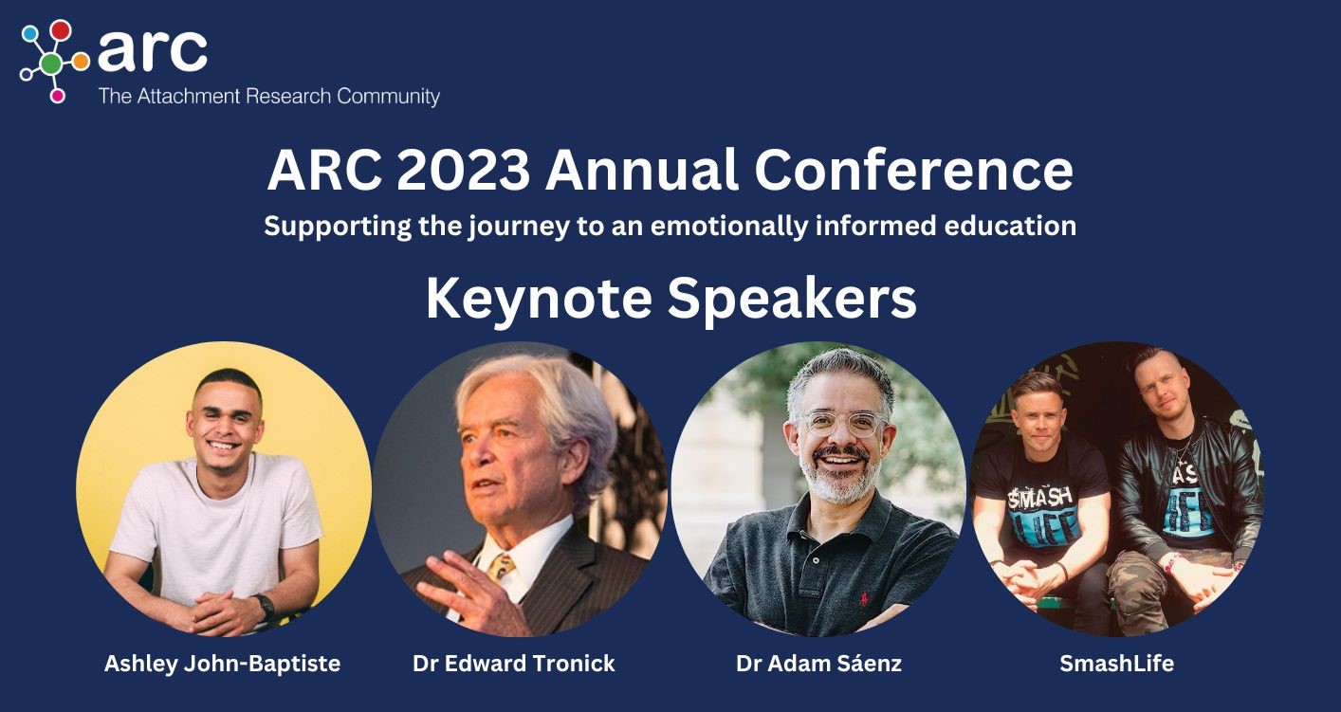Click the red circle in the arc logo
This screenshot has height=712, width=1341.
click(x=61, y=30)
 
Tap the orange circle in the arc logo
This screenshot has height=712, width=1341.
click(x=81, y=61)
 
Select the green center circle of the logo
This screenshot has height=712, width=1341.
click(x=52, y=63)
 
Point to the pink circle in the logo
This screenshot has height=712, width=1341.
click(x=58, y=96)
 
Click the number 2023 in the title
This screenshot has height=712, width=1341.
click(x=463, y=171)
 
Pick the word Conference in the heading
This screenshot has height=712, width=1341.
click(x=913, y=171)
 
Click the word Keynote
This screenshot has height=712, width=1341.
click(x=539, y=300)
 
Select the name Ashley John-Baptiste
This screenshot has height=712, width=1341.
click(x=222, y=664)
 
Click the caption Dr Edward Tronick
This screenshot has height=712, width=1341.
click(x=514, y=663)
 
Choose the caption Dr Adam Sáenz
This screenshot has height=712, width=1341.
click(x=818, y=663)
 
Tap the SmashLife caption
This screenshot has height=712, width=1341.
click(x=1116, y=663)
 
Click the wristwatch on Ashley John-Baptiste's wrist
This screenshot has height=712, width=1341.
click(x=264, y=606)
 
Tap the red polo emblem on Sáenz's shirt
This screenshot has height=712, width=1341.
click(x=864, y=597)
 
